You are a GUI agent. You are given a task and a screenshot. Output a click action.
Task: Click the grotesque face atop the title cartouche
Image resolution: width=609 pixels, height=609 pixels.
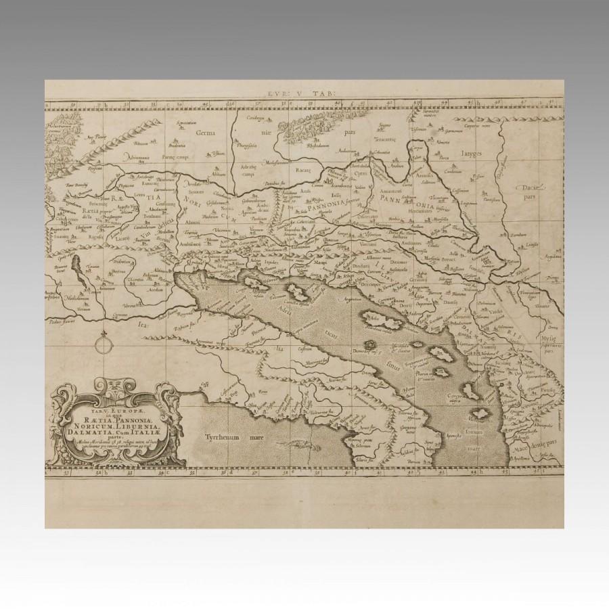coord(112,388)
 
